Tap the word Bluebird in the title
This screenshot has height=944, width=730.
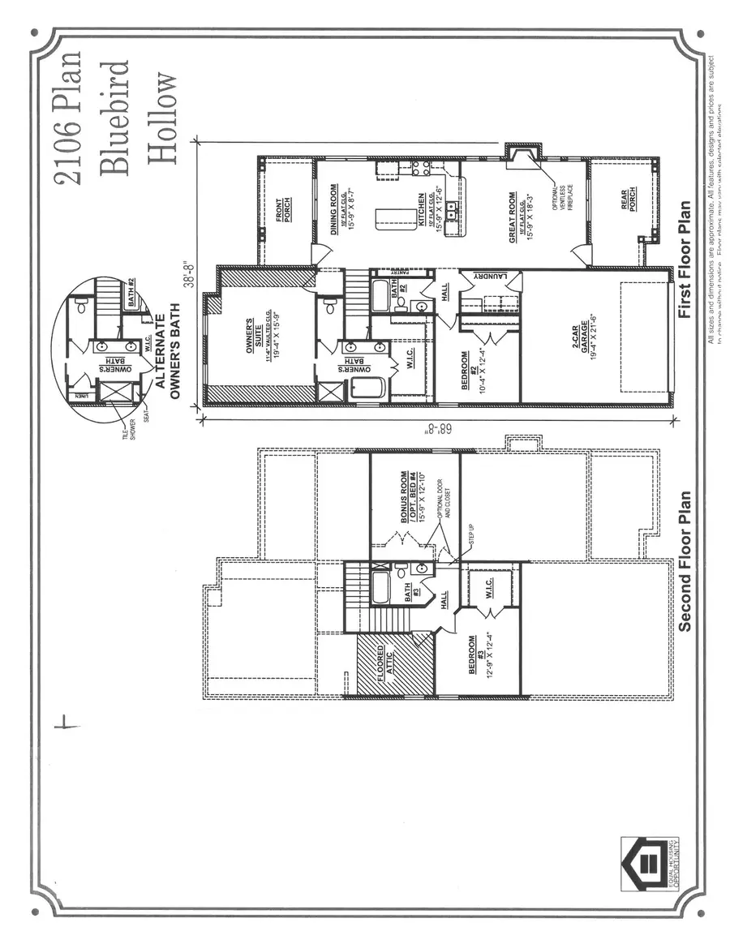114,117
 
